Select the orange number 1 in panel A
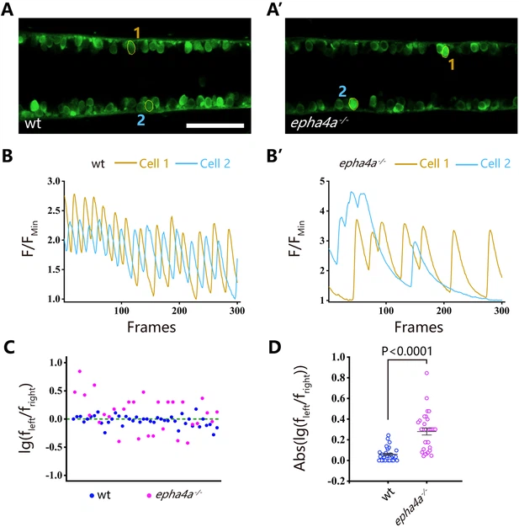pos(136,32)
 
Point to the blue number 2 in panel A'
pos(342,89)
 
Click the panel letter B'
pos(289,157)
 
